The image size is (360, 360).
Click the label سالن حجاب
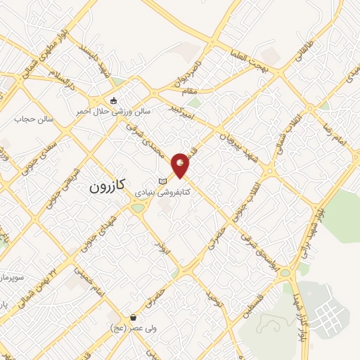point(30,119)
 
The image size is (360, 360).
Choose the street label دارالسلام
point(58,87)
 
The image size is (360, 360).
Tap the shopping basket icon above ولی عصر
point(133,318)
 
